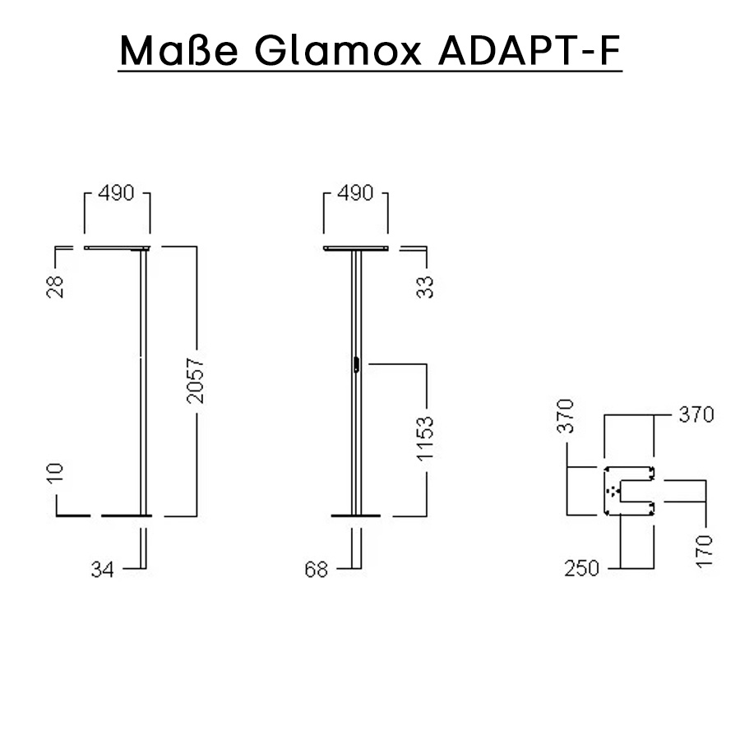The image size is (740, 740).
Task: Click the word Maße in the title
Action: coord(179,51)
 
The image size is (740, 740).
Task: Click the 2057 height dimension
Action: coord(196,380)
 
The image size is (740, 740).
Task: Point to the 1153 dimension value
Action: coord(425,440)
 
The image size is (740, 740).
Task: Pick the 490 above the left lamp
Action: coord(118,194)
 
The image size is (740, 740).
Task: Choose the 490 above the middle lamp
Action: coord(355,194)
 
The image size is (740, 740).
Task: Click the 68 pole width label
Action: coord(317,569)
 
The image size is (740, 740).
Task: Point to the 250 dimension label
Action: coord(581,568)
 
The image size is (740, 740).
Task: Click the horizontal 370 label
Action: coord(696,414)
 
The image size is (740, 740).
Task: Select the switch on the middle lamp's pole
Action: coord(357,364)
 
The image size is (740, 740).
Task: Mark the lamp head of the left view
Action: coord(118,248)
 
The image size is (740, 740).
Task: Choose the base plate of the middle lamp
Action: coord(356,516)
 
